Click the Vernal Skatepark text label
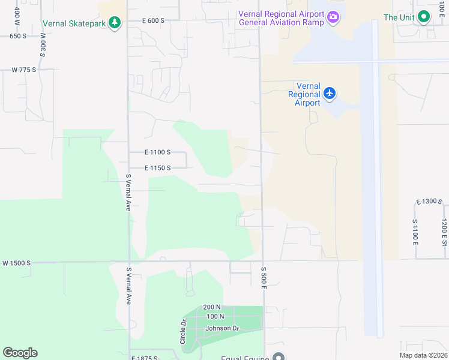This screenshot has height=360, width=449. [x=74, y=23]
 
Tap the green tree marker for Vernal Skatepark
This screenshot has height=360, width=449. [x=114, y=23]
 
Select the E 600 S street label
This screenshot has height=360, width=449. [x=154, y=20]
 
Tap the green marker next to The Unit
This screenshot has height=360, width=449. [x=424, y=17]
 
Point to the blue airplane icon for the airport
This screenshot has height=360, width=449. [x=329, y=93]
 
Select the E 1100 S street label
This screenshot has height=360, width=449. [x=158, y=152]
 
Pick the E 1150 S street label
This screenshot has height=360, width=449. [x=158, y=168]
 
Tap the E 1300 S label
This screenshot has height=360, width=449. [x=430, y=201]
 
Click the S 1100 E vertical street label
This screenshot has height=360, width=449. [x=415, y=232]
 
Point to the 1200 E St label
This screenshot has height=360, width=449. [x=444, y=232]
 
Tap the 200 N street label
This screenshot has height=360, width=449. [x=212, y=307]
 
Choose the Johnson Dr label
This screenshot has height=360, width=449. [x=222, y=328]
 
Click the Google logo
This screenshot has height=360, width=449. [x=20, y=353]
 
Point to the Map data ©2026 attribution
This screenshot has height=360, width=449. [x=423, y=355]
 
